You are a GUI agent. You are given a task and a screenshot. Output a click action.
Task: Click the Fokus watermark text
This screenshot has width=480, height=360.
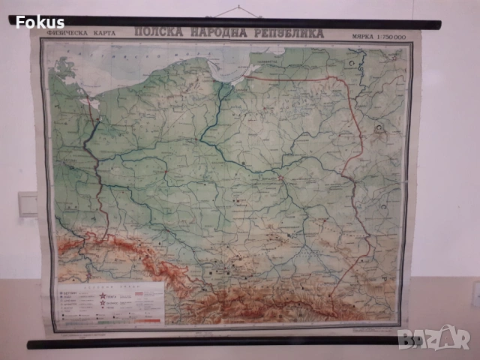[40, 22]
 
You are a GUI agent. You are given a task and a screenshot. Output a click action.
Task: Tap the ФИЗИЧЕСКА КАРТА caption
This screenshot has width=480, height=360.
[89, 34]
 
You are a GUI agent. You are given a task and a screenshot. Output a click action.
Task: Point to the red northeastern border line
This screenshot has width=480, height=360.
[315, 78]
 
